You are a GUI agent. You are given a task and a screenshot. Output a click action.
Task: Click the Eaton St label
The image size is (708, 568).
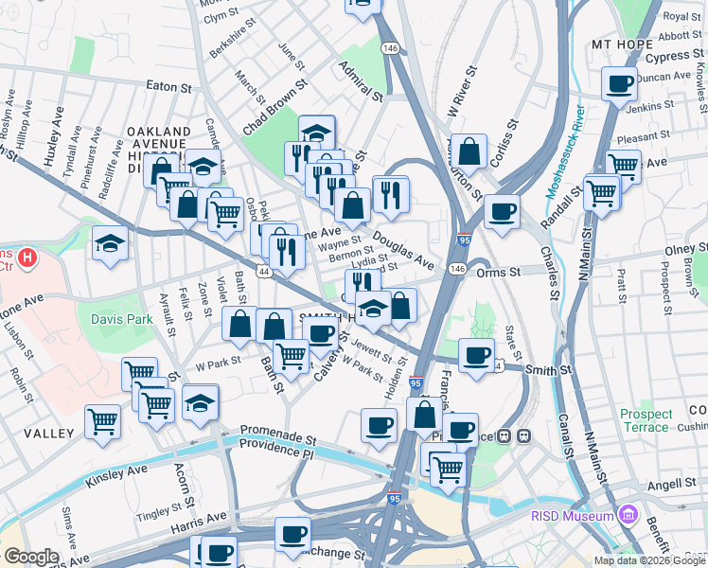pyautogui.click(x=169, y=86)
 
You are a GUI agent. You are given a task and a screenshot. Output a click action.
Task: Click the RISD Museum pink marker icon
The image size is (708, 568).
pyautogui.click(x=626, y=514)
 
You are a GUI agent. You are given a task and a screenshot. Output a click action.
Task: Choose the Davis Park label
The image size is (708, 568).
pyautogui.click(x=122, y=319)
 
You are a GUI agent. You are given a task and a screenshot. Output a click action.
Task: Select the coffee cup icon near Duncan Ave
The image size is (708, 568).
pyautogui.click(x=620, y=84)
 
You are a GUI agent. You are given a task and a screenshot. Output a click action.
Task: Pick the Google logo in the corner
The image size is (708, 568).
pyautogui.click(x=31, y=557)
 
